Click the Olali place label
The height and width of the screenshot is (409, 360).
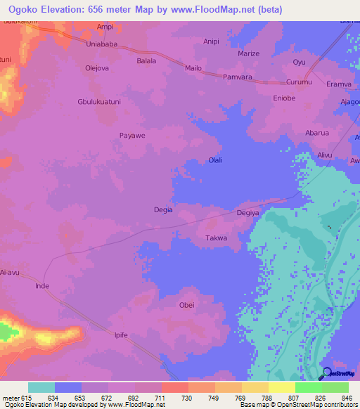pyautogui.click(x=215, y=160)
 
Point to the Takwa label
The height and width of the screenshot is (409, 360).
pyautogui.click(x=216, y=238)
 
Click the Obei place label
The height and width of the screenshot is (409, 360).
pyautogui.click(x=186, y=305)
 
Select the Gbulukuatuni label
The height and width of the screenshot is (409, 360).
pyautogui.click(x=101, y=101)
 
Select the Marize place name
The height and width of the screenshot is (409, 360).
pyautogui.click(x=248, y=53)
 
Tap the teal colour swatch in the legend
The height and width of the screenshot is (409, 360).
pyautogui.click(x=41, y=387)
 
